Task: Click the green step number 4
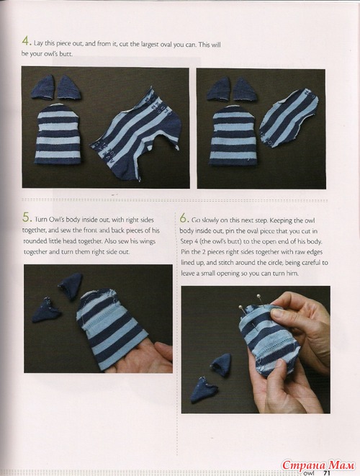click(25, 41)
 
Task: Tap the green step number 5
click(26, 217)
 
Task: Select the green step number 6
click(183, 218)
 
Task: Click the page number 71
click(326, 472)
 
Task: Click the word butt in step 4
click(66, 54)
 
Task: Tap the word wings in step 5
click(147, 241)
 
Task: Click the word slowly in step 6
click(210, 220)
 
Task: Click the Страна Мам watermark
click(318, 465)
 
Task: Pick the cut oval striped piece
click(289, 118)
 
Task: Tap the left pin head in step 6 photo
click(240, 307)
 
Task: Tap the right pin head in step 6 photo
click(258, 296)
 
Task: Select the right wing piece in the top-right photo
click(245, 89)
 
